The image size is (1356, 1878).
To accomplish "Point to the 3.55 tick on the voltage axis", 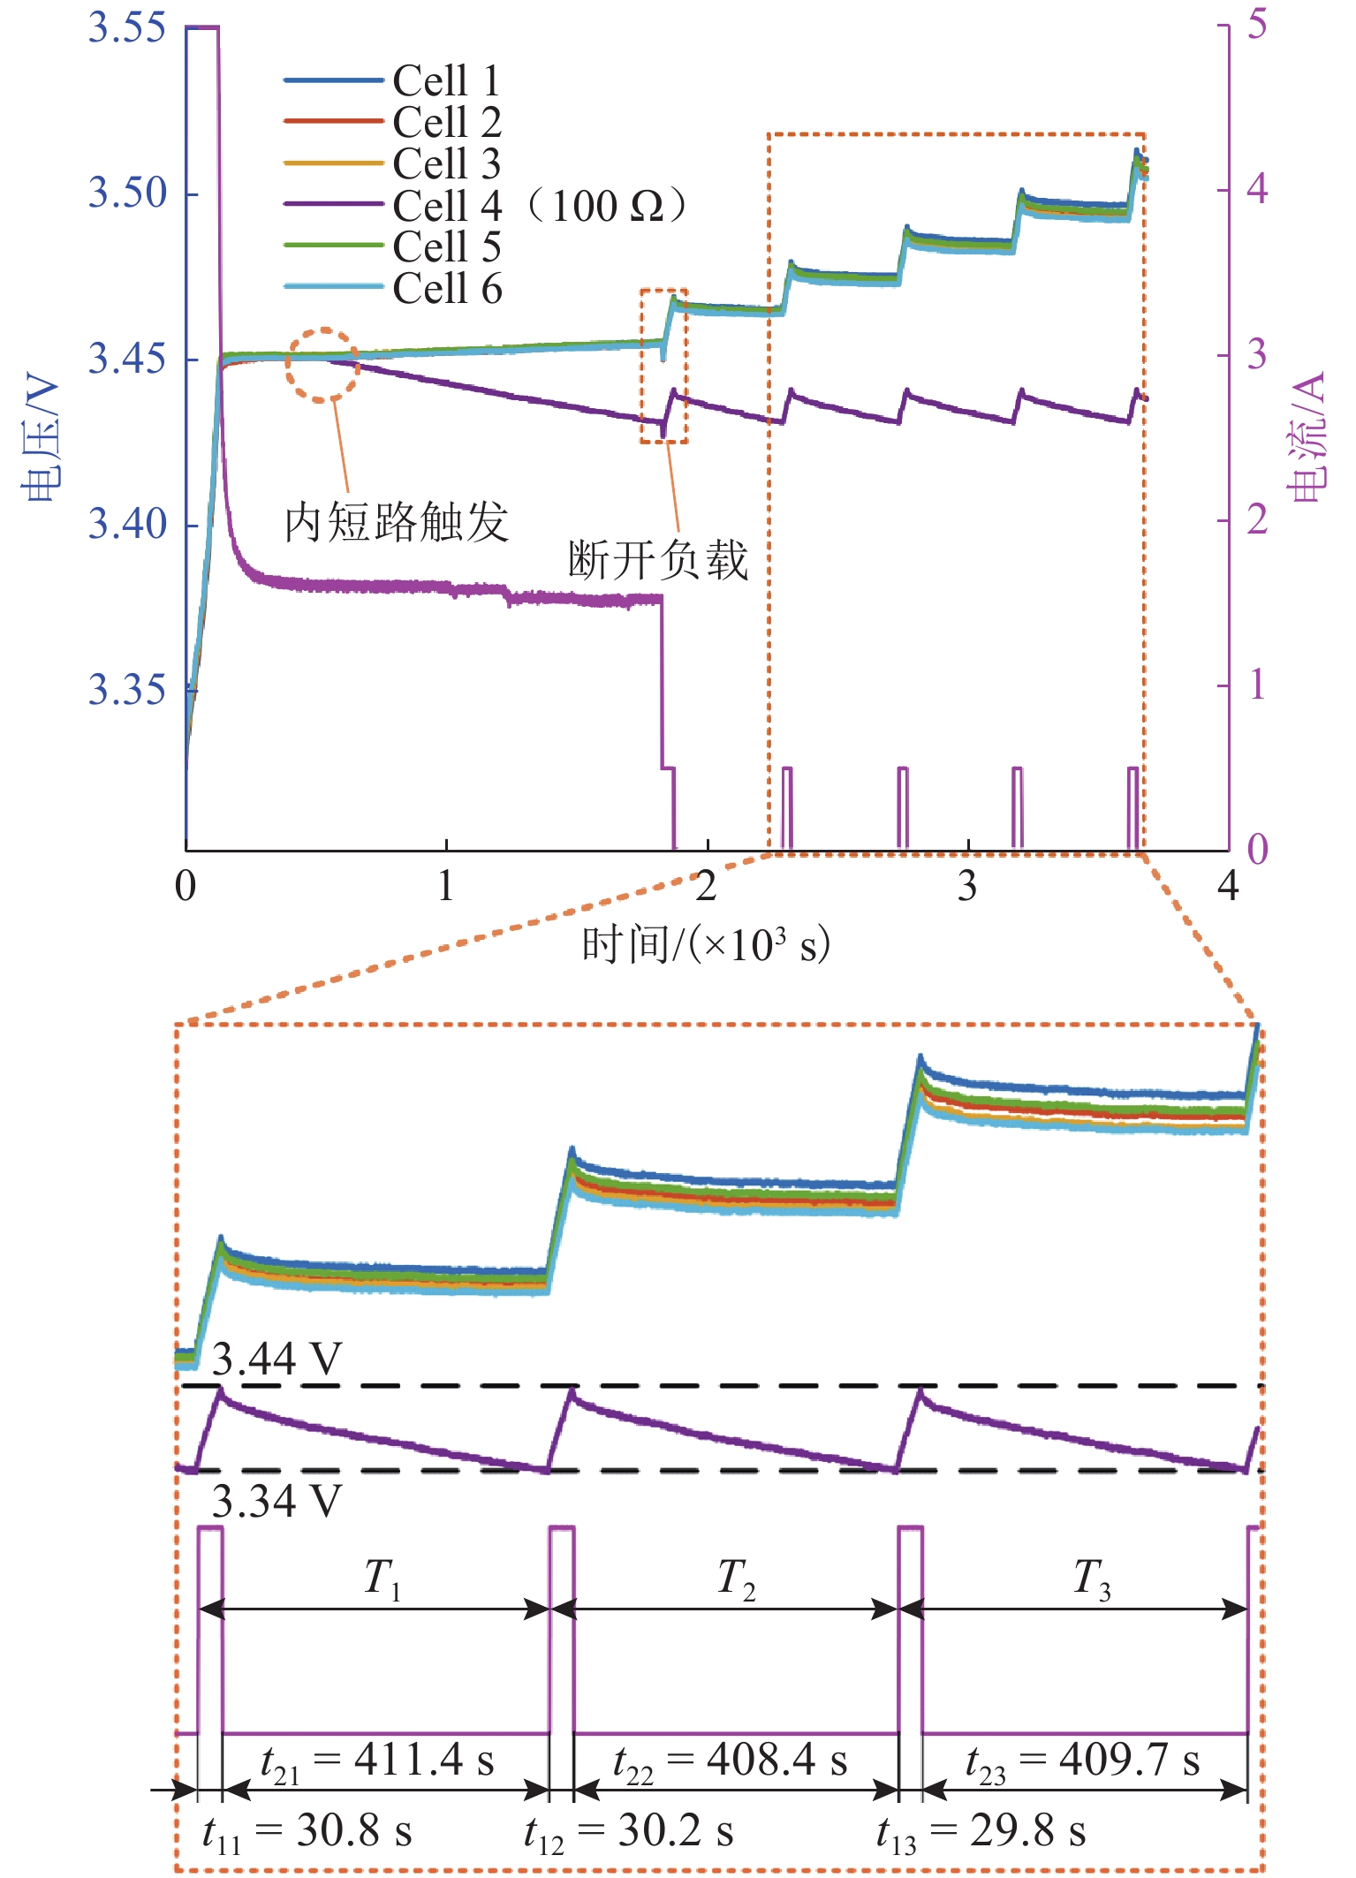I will [127, 27].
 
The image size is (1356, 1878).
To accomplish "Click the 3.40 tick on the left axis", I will [127, 524].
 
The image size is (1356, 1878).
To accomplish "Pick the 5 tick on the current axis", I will [1257, 24].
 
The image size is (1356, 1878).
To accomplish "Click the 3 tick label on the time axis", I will [967, 886].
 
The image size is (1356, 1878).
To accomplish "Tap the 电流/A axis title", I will [1307, 437].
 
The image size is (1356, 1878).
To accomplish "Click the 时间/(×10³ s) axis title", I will [705, 944].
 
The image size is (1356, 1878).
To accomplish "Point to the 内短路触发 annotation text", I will [396, 521].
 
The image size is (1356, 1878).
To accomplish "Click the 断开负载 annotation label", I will [658, 560].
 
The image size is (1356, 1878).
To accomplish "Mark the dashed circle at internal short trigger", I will [322, 364].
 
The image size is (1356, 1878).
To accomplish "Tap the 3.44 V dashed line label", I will [277, 1359].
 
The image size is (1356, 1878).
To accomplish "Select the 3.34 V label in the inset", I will [277, 1501].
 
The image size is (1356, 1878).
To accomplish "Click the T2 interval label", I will [736, 1579].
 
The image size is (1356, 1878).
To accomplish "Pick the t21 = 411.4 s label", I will [377, 1761].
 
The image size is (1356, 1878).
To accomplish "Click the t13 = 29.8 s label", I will [981, 1831].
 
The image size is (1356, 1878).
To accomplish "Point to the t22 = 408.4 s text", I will [730, 1761].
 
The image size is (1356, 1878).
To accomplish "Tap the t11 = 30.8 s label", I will [307, 1831].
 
